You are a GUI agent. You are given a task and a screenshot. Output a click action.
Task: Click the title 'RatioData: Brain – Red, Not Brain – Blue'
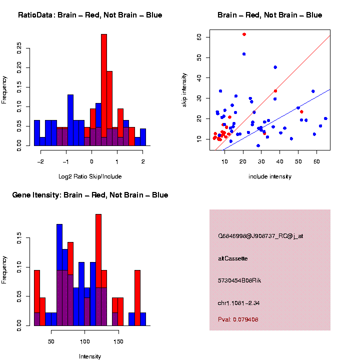90,15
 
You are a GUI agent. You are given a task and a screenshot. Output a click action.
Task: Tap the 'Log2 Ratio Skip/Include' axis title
90,176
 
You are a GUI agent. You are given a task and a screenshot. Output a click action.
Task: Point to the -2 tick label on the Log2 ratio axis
40,162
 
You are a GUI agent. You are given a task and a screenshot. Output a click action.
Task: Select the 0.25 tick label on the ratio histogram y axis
19,48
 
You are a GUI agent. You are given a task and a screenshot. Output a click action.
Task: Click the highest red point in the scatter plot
244,34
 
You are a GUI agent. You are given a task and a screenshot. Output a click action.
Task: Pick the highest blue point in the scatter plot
244,54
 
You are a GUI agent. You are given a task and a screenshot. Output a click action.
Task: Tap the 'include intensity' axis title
270,176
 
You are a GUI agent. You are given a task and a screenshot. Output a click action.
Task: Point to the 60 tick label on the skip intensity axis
199,37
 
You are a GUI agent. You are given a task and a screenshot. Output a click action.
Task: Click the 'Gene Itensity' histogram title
90,195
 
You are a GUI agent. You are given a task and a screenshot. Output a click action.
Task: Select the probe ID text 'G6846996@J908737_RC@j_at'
260,236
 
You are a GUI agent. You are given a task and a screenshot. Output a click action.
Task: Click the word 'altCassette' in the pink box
233,258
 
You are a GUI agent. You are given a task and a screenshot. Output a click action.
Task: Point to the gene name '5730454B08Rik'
239,280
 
